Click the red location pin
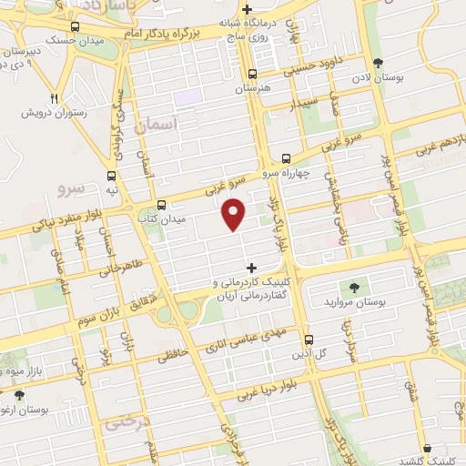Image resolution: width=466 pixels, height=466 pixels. pos(234,214)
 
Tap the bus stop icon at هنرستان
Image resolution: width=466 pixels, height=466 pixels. pos(253,75)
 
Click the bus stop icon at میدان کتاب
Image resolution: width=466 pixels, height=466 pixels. pos(161,205)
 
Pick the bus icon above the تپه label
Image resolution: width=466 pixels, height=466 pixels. pos(111,177)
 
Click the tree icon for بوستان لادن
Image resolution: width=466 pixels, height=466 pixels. pos(378,63)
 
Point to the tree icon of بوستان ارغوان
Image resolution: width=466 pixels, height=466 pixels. pos(19,395)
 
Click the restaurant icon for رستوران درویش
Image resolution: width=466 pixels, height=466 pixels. pos(54,98)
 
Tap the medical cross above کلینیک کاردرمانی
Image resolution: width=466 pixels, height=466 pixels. pos(252,268)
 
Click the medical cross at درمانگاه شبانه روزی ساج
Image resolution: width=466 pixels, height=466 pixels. pos(248,9)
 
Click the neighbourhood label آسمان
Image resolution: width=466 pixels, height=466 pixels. pos(156,124)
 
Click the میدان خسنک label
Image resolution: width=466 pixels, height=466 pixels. pos(73,40)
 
